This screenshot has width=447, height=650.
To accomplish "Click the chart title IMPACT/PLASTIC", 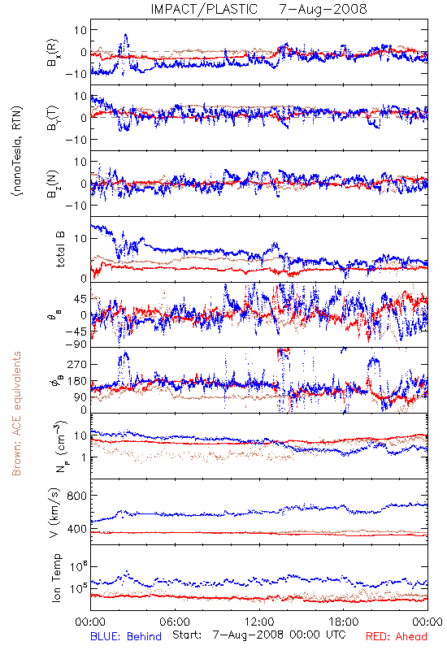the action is pyautogui.click(x=204, y=9).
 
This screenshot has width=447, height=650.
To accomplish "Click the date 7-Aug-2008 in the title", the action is pyautogui.click(x=323, y=9).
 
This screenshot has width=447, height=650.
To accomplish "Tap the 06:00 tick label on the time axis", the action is pyautogui.click(x=175, y=622).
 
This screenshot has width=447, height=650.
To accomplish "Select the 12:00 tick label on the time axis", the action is pyautogui.click(x=259, y=622).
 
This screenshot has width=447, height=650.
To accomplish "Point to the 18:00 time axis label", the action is pyautogui.click(x=344, y=622).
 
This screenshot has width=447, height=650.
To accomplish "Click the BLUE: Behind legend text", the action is pyautogui.click(x=126, y=636).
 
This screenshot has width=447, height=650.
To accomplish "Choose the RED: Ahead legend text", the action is pyautogui.click(x=396, y=636).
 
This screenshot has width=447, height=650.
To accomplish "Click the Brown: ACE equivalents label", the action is pyautogui.click(x=16, y=414).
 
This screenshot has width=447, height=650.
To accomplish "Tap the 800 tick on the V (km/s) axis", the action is pyautogui.click(x=76, y=496).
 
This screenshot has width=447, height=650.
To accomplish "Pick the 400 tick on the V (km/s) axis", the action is pyautogui.click(x=76, y=529).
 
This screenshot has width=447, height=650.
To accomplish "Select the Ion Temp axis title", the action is pyautogui.click(x=56, y=578).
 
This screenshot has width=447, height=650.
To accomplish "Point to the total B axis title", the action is pyautogui.click(x=59, y=249).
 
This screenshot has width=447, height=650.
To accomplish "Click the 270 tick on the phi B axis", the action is pyautogui.click(x=77, y=364).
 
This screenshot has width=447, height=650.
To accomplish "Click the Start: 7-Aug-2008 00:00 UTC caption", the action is pyautogui.click(x=259, y=635).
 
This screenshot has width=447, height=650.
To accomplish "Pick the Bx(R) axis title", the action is pyautogui.click(x=53, y=52).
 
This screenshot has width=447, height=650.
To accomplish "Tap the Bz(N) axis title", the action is pyautogui.click(x=53, y=184).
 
